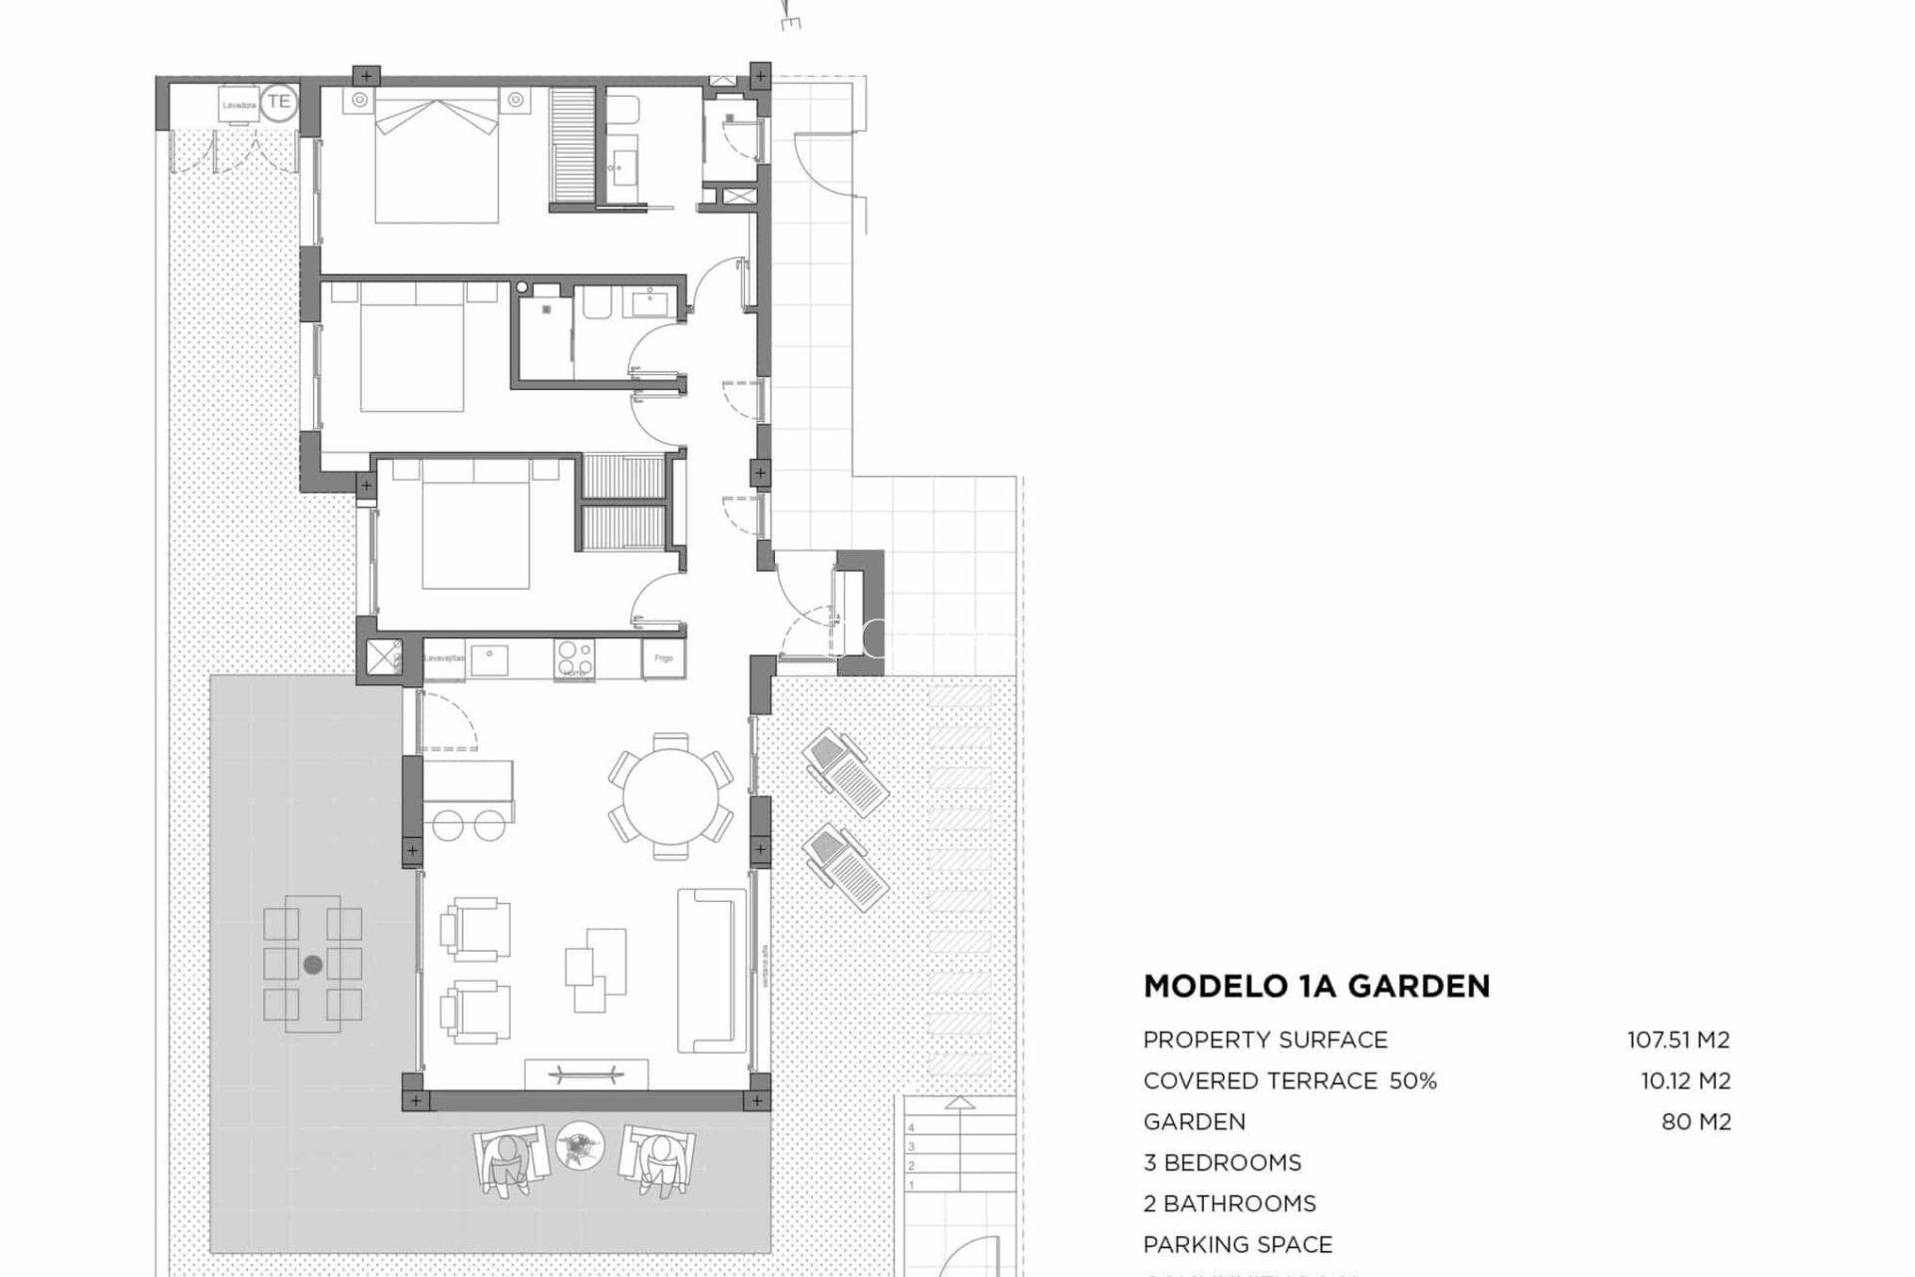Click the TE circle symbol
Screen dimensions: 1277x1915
point(279,102)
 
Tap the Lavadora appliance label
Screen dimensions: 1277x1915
point(239,105)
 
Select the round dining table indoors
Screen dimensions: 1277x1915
point(670,796)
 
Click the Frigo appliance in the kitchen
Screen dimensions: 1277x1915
point(663,658)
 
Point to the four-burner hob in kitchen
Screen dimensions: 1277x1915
point(574,658)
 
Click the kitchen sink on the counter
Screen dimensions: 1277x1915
point(490,659)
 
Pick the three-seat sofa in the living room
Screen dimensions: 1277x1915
point(712,971)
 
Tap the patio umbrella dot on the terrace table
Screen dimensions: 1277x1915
point(313,965)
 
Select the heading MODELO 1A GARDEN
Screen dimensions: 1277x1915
point(1317,987)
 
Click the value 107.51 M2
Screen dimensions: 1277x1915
point(1679,1040)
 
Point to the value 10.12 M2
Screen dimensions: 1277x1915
point(1686,1080)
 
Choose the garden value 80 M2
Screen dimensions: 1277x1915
point(1696,1121)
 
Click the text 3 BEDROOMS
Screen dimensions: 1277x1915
point(1223,1162)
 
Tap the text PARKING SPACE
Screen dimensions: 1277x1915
point(1238,1244)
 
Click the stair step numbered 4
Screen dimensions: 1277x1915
point(912,1127)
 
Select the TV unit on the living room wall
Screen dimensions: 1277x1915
point(586,1075)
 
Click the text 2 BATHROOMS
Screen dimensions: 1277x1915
point(1230,1203)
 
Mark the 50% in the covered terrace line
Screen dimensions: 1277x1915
point(1413,1080)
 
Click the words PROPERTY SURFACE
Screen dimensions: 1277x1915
point(1266,1040)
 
